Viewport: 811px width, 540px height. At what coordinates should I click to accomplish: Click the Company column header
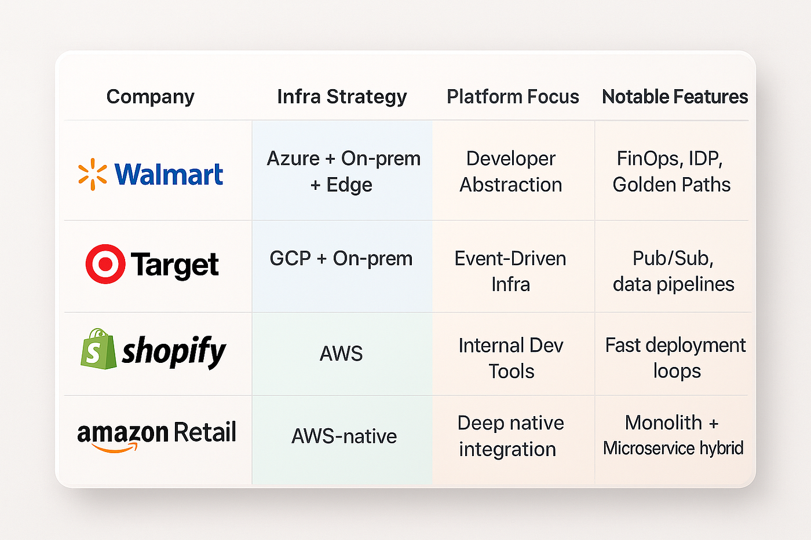(150, 97)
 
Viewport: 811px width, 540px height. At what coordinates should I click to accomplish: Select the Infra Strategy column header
(342, 97)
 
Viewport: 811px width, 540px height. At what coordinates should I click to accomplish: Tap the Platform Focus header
(513, 97)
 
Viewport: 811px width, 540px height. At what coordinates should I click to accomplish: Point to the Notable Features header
(675, 97)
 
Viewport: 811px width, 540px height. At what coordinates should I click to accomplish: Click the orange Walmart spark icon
(93, 174)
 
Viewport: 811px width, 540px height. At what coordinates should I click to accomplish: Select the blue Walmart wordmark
(169, 174)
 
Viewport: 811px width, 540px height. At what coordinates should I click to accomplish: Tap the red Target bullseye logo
(105, 264)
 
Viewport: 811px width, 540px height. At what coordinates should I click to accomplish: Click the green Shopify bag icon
(98, 348)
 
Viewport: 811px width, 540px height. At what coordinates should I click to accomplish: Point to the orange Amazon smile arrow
(115, 448)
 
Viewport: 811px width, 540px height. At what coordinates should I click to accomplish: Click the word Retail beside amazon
(205, 432)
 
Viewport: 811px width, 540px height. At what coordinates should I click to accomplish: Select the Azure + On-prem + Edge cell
(343, 171)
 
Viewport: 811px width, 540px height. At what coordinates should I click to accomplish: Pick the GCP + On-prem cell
(341, 259)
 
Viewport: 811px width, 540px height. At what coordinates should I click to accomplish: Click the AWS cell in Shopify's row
(341, 354)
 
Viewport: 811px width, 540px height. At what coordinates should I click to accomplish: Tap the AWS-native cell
(344, 436)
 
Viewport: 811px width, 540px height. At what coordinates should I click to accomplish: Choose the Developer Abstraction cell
(511, 171)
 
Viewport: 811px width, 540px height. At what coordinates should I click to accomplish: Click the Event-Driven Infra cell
(510, 271)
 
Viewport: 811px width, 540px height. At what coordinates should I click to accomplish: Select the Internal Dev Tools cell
(511, 358)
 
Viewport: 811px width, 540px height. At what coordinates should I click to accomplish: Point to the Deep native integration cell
(510, 436)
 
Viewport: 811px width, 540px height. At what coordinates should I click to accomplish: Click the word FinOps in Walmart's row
(647, 159)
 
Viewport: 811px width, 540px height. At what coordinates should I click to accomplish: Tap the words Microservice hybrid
(673, 449)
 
